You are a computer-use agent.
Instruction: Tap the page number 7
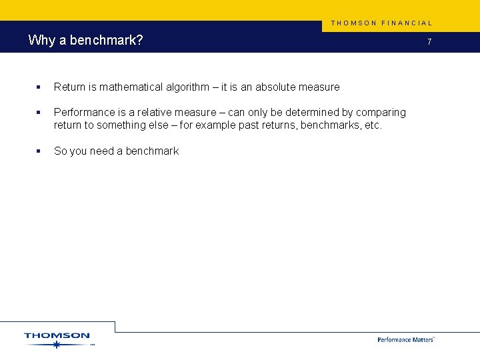pyautogui.click(x=429, y=42)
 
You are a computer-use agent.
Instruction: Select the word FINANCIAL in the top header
pyautogui.click(x=407, y=23)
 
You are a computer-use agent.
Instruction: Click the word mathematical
pyautogui.click(x=131, y=87)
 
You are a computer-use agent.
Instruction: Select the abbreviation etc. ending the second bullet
pyautogui.click(x=373, y=125)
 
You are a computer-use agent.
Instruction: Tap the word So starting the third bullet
pyautogui.click(x=60, y=151)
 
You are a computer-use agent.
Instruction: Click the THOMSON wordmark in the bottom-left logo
pyautogui.click(x=57, y=335)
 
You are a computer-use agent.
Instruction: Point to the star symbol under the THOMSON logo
pyautogui.click(x=57, y=345)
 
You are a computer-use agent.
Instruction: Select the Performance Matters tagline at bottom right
pyautogui.click(x=405, y=339)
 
